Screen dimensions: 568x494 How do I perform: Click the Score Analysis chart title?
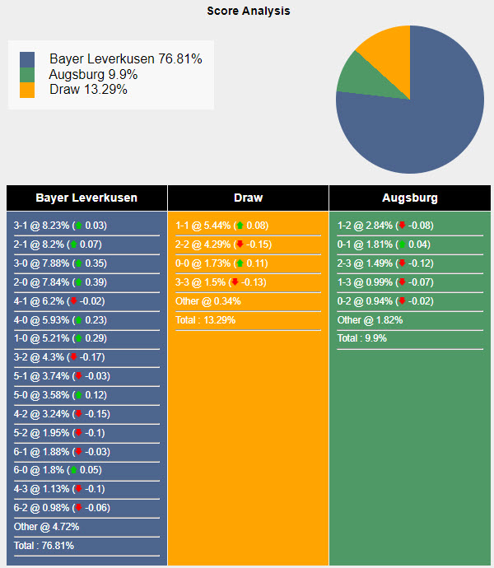click(248, 12)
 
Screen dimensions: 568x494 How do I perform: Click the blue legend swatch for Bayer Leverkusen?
click(27, 59)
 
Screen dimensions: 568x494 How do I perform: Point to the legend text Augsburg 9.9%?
click(93, 74)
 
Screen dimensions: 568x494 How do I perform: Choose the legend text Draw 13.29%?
click(88, 89)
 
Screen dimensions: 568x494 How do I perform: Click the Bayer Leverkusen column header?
click(86, 198)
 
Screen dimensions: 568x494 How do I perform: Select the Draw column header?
click(248, 198)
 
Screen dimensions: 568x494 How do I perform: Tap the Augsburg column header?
click(409, 198)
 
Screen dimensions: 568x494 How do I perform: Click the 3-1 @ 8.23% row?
click(60, 226)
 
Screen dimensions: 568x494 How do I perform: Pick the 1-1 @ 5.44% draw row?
click(221, 226)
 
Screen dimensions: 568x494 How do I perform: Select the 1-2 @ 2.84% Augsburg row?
click(384, 226)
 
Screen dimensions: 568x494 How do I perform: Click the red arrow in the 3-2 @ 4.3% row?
click(73, 357)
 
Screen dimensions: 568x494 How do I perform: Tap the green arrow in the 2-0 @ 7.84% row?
click(78, 282)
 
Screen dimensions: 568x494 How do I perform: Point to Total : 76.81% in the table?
click(44, 546)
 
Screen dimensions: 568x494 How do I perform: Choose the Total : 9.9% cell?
click(361, 338)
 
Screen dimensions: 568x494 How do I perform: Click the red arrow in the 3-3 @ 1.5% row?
click(235, 282)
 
